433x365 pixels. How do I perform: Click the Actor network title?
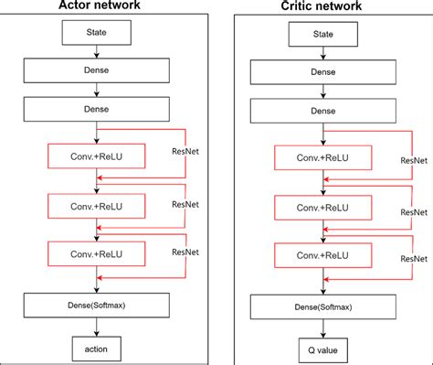point(97,6)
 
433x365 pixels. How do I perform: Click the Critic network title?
point(322,6)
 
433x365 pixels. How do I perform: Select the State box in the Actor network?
point(97,35)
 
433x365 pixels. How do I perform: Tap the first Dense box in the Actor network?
point(97,71)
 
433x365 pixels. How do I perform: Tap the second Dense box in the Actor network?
point(97,108)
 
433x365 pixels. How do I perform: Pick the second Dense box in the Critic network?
point(322,111)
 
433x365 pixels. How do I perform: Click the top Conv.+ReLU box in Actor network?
point(98,155)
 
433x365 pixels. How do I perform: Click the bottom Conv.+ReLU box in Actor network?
point(98,252)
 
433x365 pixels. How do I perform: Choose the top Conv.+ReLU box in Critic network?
point(321,157)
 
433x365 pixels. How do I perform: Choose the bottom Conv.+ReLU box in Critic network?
point(321,254)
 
